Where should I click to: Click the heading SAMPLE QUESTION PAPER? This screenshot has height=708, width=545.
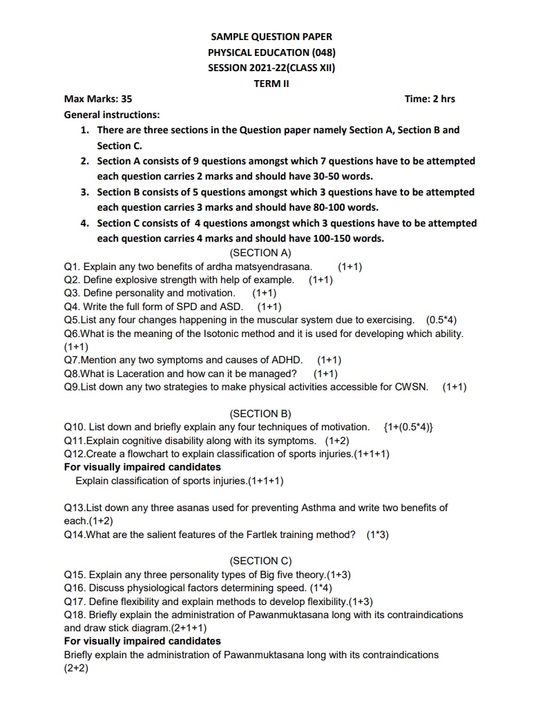(x=271, y=37)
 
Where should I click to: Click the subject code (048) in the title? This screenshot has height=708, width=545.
(x=324, y=52)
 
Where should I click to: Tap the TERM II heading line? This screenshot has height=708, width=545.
(x=271, y=84)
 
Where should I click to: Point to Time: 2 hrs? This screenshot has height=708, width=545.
(x=430, y=99)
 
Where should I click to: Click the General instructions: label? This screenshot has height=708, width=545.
(x=111, y=115)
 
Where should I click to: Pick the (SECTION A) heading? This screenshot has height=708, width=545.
(x=260, y=253)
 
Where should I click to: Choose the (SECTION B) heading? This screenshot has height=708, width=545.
(x=260, y=414)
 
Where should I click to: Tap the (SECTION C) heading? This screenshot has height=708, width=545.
(x=260, y=561)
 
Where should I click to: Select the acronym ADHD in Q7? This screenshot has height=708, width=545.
(x=289, y=360)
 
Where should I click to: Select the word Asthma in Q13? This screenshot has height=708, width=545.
(x=319, y=508)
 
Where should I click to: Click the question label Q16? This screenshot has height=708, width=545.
(x=75, y=588)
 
